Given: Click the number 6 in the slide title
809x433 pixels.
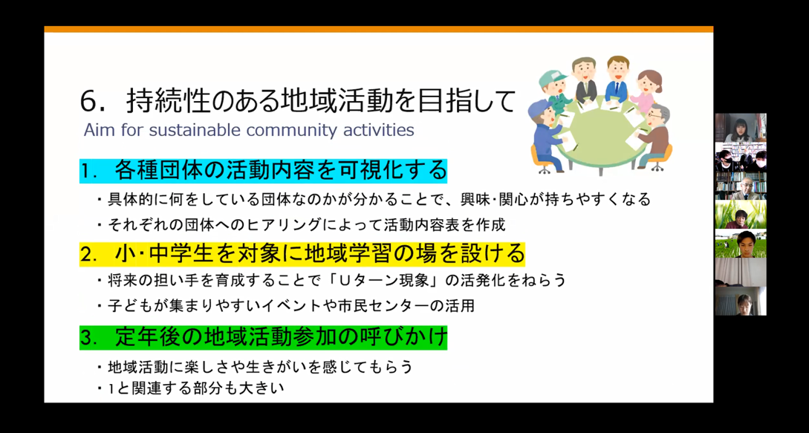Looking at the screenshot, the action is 88,102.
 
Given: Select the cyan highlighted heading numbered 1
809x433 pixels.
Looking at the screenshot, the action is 263,171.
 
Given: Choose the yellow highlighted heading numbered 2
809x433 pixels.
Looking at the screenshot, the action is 302,253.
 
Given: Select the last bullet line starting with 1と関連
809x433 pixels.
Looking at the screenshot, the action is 192,388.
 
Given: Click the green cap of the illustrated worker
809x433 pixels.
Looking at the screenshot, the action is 551,79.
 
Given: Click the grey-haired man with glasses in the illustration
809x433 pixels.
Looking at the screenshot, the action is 654,135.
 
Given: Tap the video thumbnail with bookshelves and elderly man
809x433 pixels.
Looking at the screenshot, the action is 741,186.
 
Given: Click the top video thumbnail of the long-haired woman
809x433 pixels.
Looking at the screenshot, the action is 741,128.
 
